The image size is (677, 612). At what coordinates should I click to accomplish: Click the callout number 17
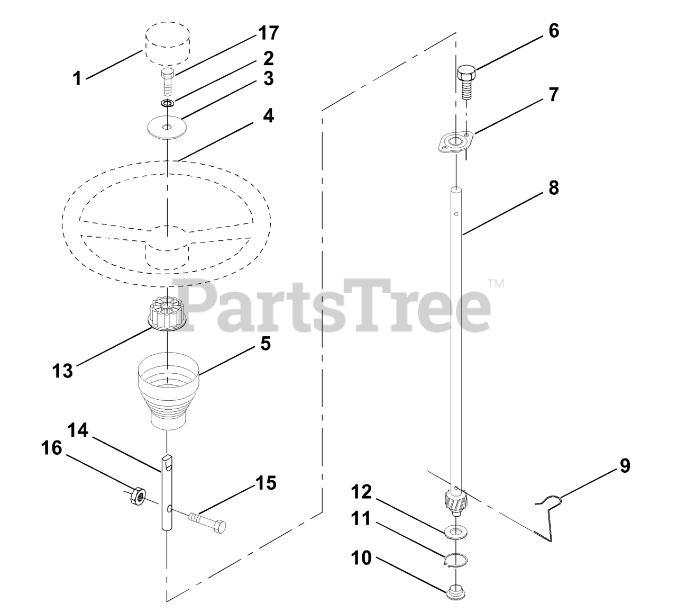(x=269, y=33)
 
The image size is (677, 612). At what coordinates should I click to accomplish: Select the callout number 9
(x=625, y=466)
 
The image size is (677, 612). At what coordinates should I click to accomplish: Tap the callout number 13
(x=62, y=371)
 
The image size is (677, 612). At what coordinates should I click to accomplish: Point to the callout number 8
(x=553, y=187)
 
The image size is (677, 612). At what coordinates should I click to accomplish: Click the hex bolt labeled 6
(x=466, y=83)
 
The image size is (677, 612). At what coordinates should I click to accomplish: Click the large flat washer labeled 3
(x=167, y=128)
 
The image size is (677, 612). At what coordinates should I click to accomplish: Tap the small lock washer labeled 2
(x=168, y=103)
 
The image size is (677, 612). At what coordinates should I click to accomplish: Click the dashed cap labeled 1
(x=168, y=43)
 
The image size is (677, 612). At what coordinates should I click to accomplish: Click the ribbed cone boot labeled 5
(x=168, y=391)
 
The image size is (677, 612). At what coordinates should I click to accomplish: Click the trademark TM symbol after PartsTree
(x=496, y=284)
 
